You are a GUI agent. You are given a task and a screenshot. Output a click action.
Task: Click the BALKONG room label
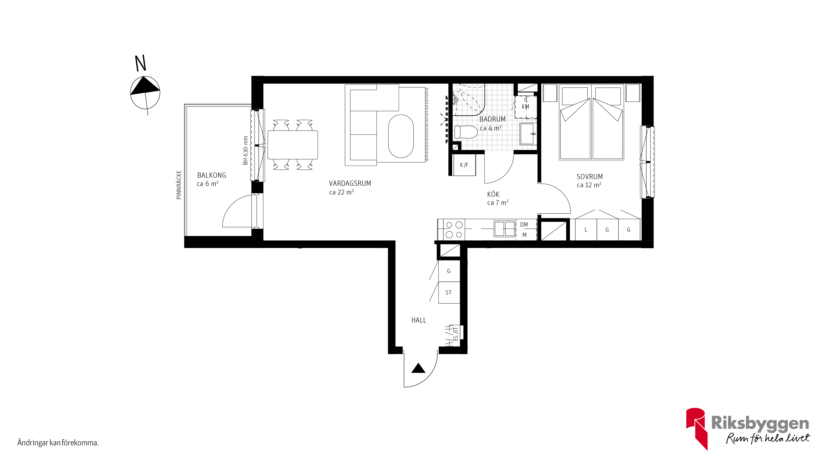[212, 175]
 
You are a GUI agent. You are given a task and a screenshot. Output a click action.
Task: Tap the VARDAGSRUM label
[350, 183]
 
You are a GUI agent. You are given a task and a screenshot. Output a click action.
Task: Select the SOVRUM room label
[590, 177]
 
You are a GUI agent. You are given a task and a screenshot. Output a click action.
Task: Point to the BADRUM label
[492, 119]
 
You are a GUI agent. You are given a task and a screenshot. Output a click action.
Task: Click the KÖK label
[493, 194]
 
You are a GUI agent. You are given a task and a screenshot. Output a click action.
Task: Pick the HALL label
[419, 320]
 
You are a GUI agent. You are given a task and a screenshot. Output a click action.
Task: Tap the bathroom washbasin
[528, 133]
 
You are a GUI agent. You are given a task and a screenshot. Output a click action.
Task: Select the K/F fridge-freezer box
[464, 165]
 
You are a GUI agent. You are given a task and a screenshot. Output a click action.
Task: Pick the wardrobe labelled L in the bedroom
[586, 230]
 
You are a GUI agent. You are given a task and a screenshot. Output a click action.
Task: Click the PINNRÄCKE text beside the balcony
[179, 185]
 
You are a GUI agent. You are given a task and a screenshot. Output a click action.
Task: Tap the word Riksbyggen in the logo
[760, 423]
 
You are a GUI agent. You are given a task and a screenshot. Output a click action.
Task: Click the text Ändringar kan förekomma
[58, 443]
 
